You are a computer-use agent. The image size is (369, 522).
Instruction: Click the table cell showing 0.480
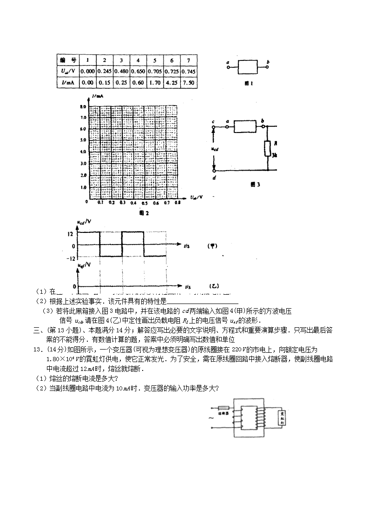(121, 72)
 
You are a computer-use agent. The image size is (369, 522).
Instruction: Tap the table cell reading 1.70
(155, 83)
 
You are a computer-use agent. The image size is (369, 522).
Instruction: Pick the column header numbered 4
(138, 60)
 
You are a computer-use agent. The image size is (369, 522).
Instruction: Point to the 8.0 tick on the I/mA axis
(84, 106)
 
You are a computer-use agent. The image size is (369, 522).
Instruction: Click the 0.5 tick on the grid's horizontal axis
(145, 203)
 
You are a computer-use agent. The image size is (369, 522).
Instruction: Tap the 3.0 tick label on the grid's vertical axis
(84, 164)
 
